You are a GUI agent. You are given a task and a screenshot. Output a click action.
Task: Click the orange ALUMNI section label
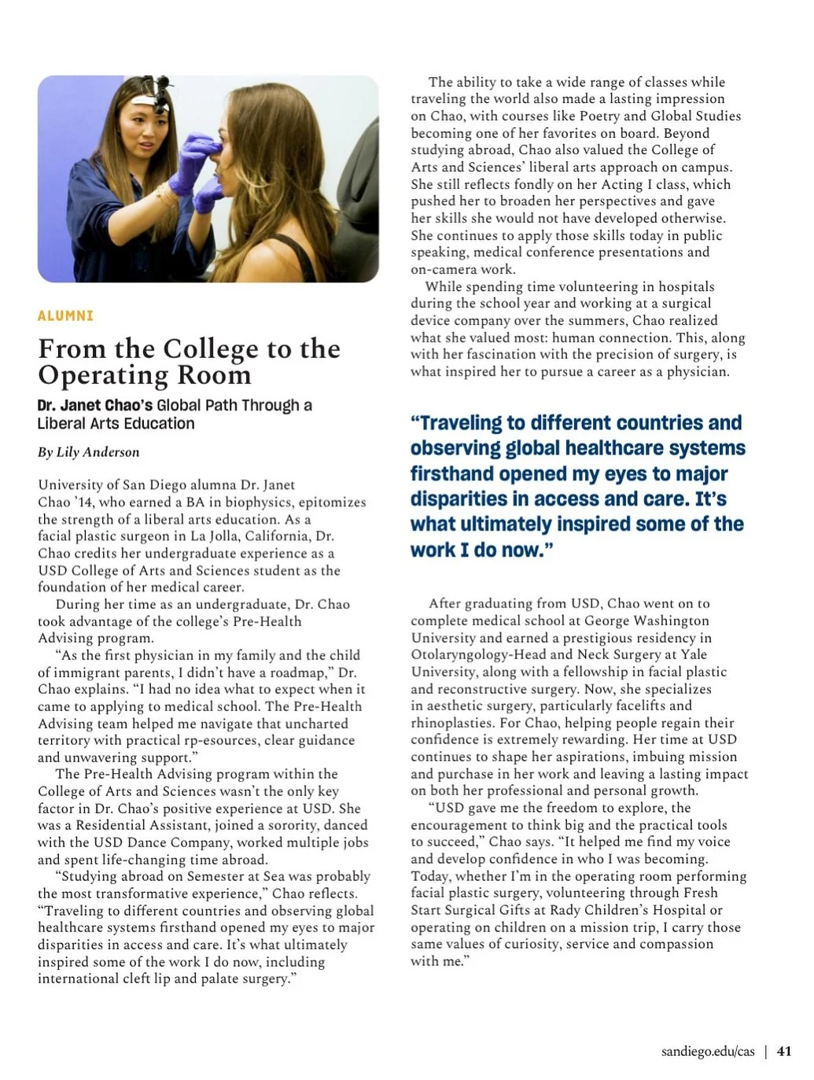coord(65,315)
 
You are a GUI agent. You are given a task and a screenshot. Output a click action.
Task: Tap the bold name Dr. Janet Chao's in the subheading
coord(94,405)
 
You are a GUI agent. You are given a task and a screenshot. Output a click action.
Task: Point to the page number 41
coord(784,1051)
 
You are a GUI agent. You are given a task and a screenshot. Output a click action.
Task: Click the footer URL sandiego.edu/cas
coord(708,1051)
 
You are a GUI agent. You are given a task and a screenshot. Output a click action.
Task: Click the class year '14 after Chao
coord(84,502)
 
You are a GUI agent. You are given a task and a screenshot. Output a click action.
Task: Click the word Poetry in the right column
coord(600,116)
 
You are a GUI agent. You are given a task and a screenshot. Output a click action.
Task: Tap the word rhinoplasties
coord(452,723)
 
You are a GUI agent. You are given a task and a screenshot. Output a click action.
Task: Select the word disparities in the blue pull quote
coord(459,499)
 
